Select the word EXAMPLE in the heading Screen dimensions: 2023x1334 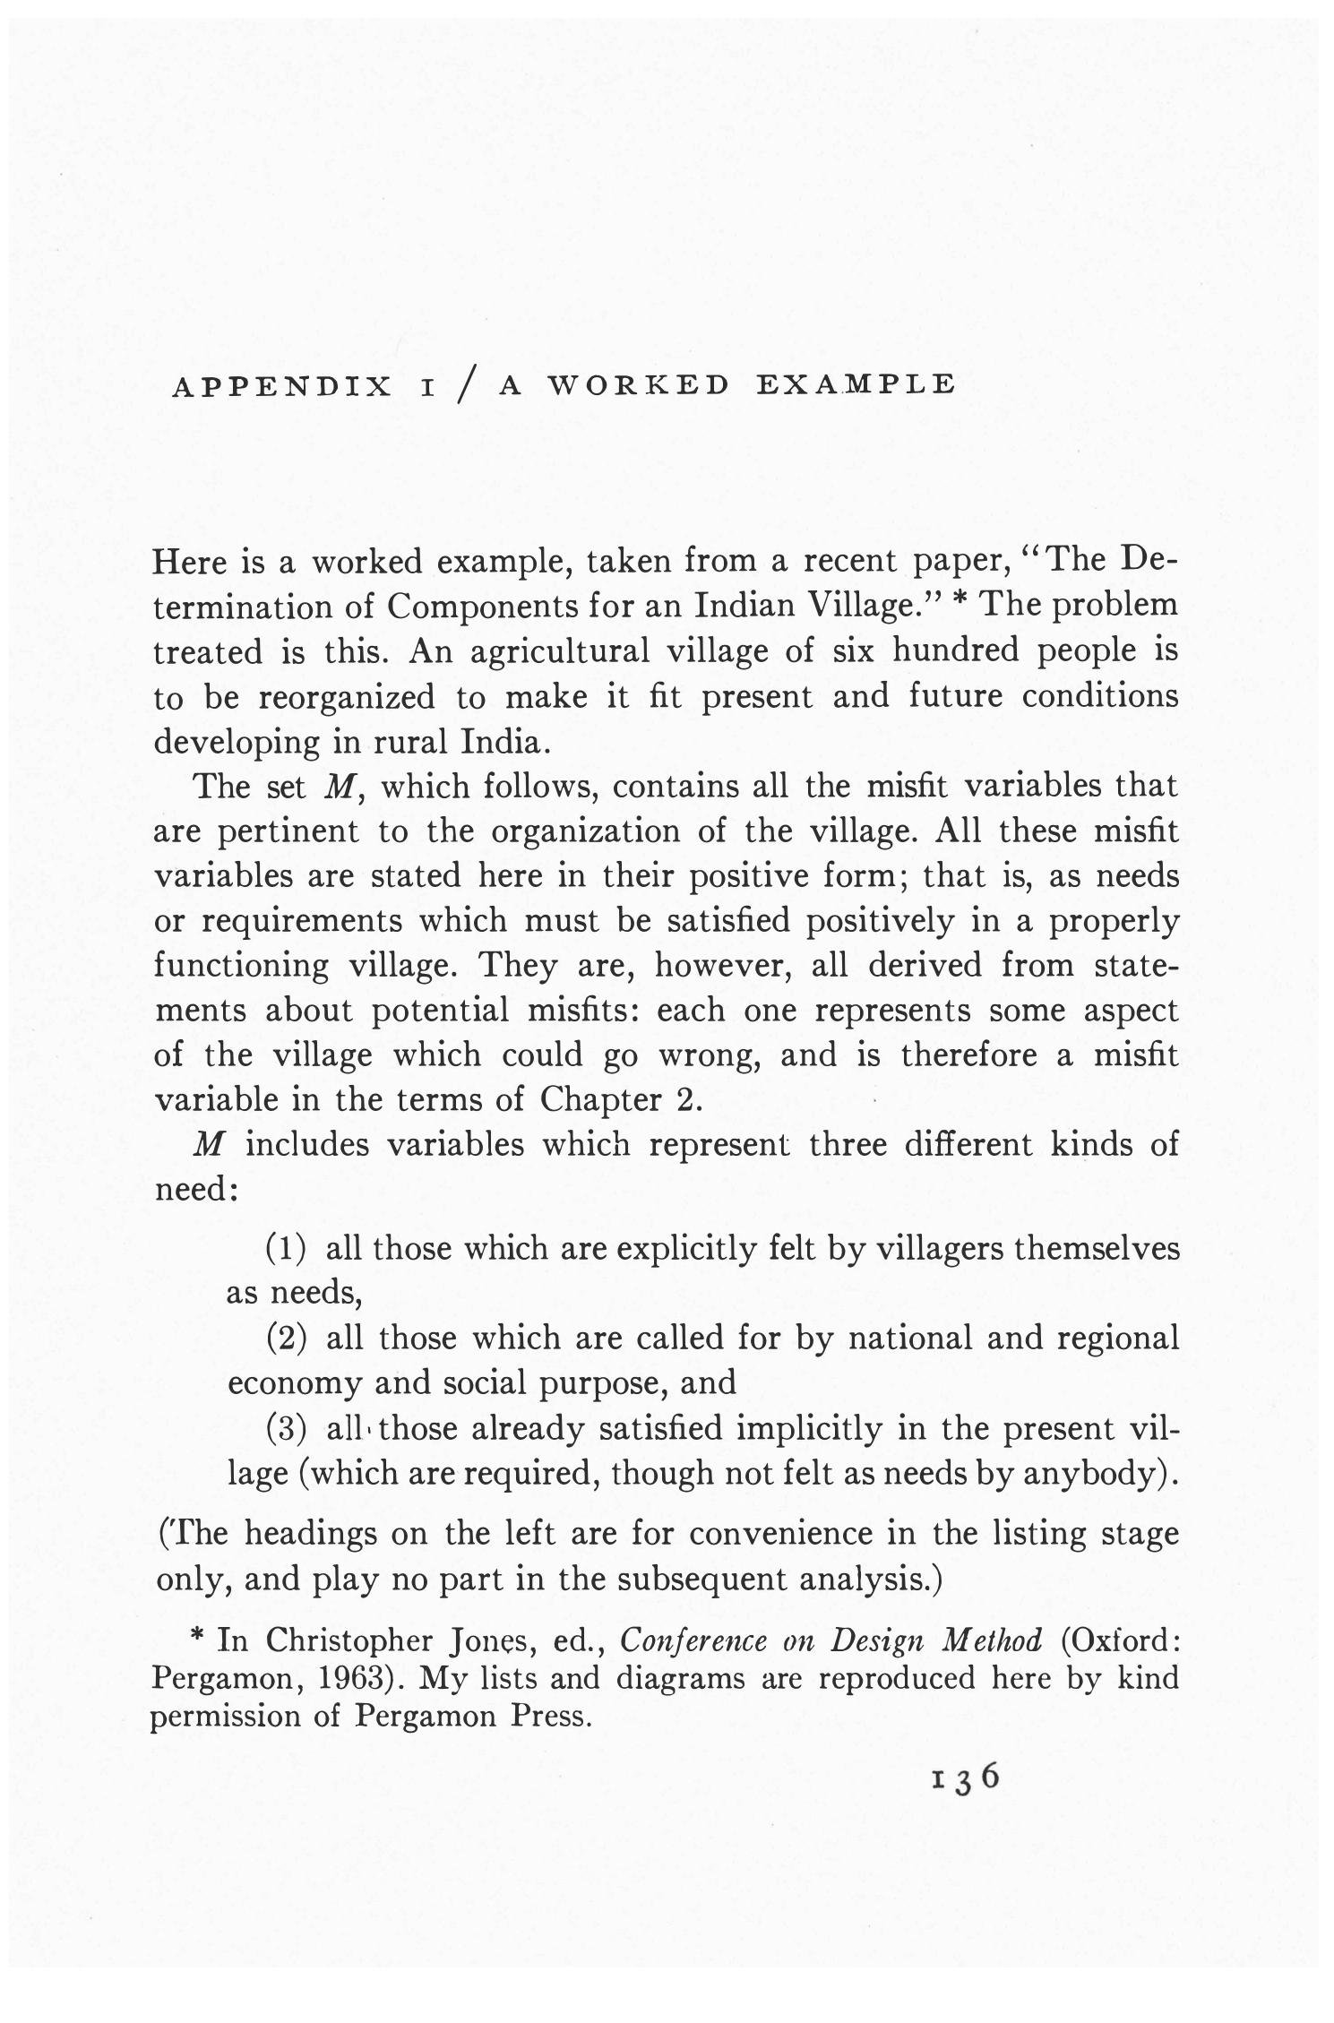pyautogui.click(x=856, y=384)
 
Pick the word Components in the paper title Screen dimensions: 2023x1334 pyautogui.click(x=478, y=607)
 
